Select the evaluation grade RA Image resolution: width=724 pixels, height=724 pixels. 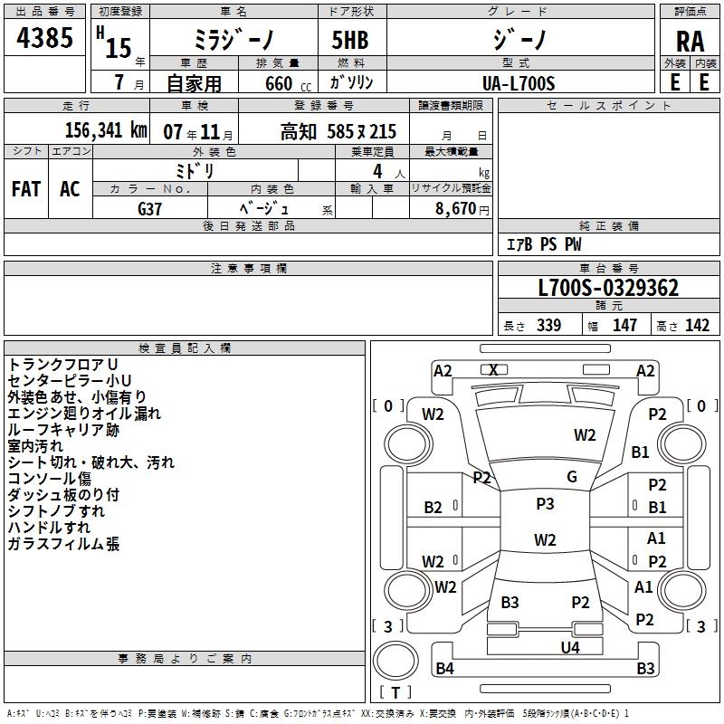pyautogui.click(x=690, y=41)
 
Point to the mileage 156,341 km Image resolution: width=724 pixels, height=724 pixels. pyautogui.click(x=106, y=130)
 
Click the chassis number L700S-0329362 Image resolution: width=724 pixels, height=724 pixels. pyautogui.click(x=607, y=288)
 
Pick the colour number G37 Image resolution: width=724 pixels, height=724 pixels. pyautogui.click(x=150, y=207)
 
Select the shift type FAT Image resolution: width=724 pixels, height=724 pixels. pyautogui.click(x=25, y=188)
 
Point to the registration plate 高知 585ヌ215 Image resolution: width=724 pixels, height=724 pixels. pyautogui.click(x=338, y=131)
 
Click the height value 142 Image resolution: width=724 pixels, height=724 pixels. pyautogui.click(x=697, y=326)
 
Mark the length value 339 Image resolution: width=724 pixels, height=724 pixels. pyautogui.click(x=548, y=326)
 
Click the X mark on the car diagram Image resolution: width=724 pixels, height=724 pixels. pyautogui.click(x=493, y=369)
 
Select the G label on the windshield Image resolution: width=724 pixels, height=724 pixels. pyautogui.click(x=571, y=476)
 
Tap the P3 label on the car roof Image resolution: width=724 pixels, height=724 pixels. pyautogui.click(x=545, y=504)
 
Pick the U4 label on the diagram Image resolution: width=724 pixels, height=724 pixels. pyautogui.click(x=569, y=647)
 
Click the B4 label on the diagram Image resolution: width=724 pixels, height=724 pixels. pyautogui.click(x=444, y=669)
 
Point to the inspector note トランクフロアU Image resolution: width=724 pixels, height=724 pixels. pyautogui.click(x=62, y=364)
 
